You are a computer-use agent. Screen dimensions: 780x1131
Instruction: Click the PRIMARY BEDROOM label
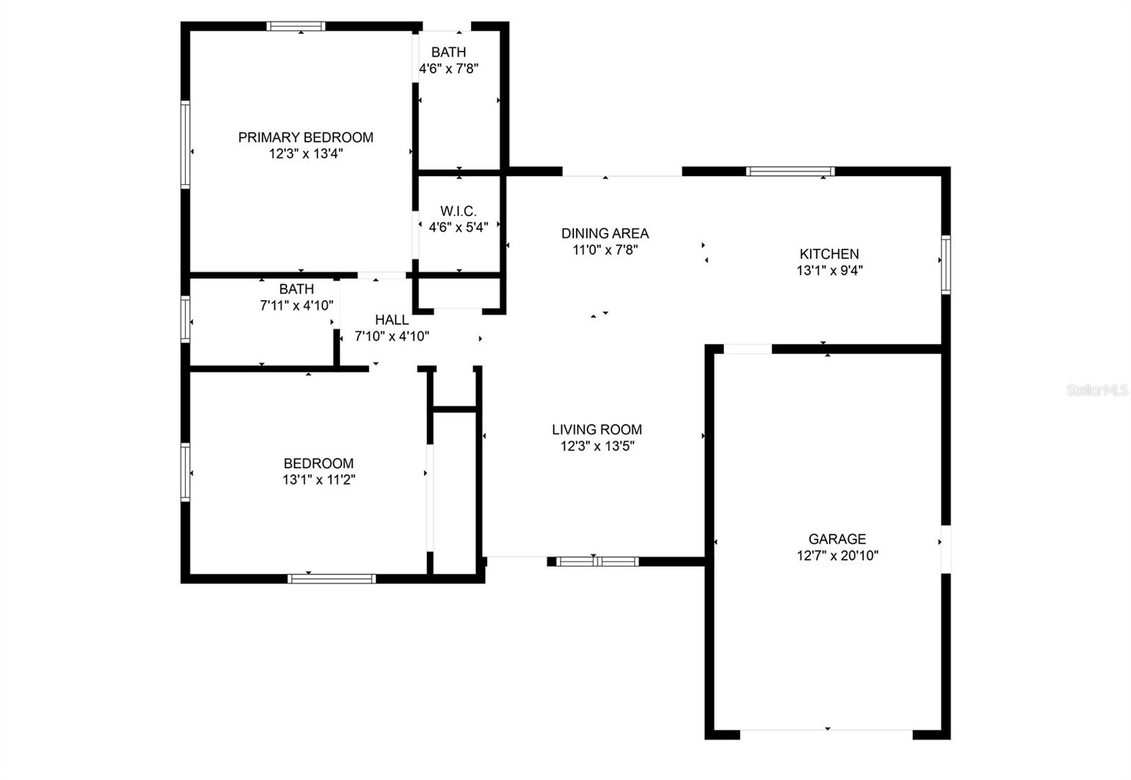pos(305,137)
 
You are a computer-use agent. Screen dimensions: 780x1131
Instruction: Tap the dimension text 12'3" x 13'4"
pos(305,154)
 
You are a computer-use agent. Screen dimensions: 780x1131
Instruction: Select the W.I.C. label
pos(458,211)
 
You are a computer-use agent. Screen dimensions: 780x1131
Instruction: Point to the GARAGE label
pos(837,539)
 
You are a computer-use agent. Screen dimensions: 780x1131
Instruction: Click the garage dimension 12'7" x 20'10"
pos(837,556)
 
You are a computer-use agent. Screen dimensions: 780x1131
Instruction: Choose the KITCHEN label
pos(829,254)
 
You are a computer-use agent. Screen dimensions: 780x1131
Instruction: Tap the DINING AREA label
pos(604,233)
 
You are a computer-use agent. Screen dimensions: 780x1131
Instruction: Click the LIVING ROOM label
pos(597,430)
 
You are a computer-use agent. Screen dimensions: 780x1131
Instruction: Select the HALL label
pos(392,320)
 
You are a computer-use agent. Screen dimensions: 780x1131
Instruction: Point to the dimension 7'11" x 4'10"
pos(296,306)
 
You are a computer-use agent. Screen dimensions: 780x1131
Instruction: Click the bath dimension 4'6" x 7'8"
pos(449,69)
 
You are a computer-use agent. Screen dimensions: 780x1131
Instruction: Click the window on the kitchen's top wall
pos(790,171)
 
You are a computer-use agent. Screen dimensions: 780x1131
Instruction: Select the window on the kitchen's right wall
pos(945,264)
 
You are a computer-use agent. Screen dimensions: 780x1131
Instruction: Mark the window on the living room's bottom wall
pos(597,562)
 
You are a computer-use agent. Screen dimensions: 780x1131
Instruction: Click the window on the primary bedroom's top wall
pos(296,26)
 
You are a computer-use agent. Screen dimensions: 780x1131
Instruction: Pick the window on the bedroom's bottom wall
pos(332,579)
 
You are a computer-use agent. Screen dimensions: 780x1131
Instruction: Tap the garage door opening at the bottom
pos(826,733)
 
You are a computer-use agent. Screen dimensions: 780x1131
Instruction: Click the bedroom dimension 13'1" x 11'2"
pos(318,480)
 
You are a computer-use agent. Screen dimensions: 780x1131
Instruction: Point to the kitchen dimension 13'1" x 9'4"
pos(829,271)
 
